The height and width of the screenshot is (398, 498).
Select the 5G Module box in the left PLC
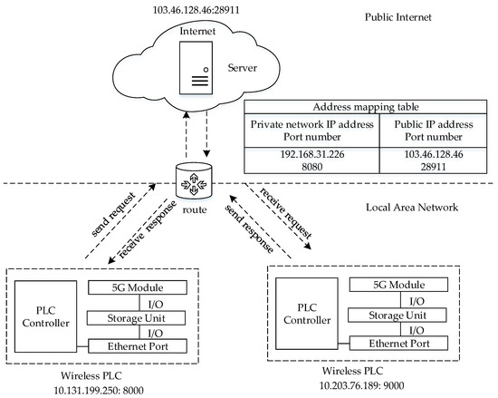[x=139, y=287]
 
